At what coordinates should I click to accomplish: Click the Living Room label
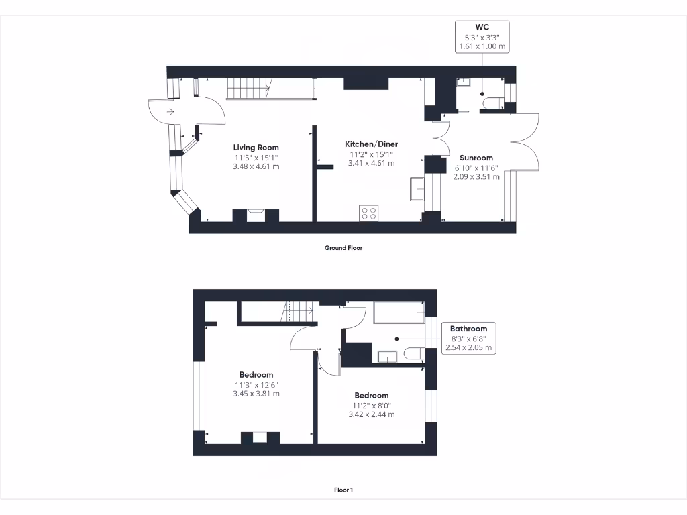(256, 148)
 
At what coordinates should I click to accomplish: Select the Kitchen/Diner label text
(371, 144)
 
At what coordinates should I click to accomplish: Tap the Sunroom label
(476, 158)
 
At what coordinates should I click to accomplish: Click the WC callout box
(481, 38)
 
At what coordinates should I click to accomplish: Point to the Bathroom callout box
(468, 338)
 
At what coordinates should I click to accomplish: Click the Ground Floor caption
(343, 248)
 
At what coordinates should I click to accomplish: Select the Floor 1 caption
(343, 490)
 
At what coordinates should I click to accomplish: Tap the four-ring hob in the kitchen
(369, 213)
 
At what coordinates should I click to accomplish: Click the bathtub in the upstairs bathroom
(399, 312)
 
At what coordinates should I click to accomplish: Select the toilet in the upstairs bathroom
(414, 355)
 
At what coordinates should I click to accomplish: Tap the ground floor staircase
(249, 88)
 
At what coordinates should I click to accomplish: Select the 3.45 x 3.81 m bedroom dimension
(257, 394)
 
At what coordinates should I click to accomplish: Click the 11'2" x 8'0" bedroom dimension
(371, 405)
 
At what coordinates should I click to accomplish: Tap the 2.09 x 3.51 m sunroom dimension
(476, 177)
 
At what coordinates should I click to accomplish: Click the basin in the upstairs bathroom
(387, 356)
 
